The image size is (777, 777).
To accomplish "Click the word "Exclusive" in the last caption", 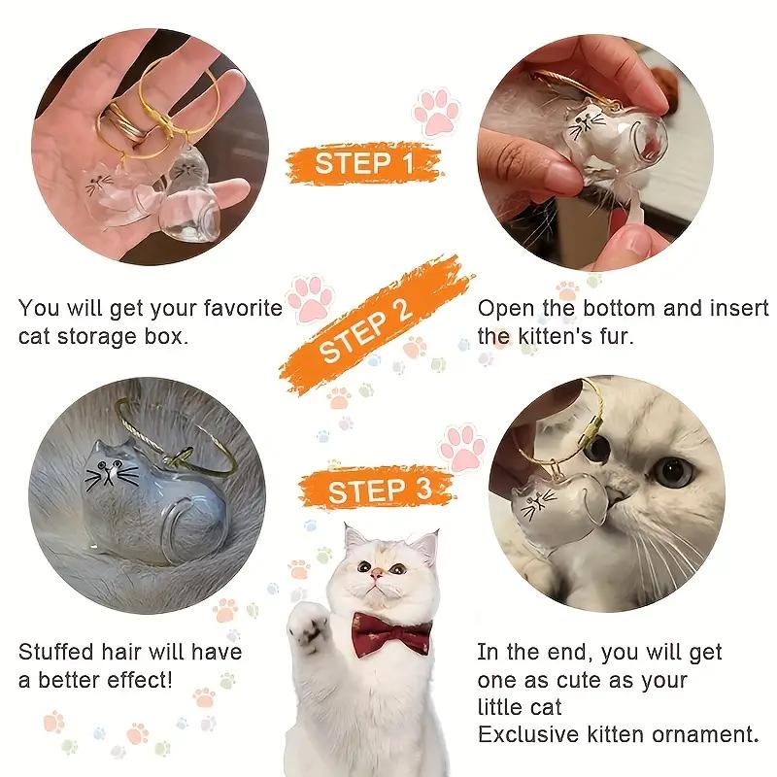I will (x=530, y=733).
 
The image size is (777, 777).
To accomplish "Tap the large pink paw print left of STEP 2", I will (x=308, y=297).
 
